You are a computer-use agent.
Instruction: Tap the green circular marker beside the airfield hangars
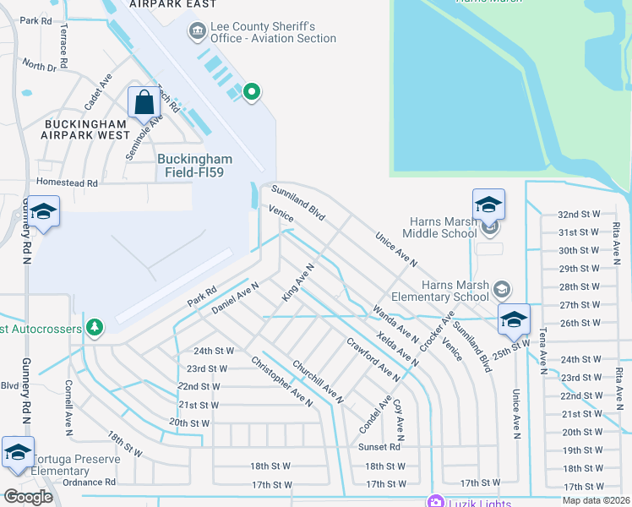(x=251, y=92)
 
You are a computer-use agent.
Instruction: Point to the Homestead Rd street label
(x=67, y=183)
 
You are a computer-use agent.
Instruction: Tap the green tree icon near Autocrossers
(x=95, y=327)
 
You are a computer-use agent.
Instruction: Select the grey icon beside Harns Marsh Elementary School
(x=502, y=289)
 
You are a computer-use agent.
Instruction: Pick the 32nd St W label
(x=580, y=215)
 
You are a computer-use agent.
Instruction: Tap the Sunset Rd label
(x=378, y=447)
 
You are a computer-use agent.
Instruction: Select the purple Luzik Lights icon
(x=436, y=502)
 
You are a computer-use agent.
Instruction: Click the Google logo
(x=29, y=496)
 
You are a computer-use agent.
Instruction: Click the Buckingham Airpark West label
(x=86, y=129)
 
